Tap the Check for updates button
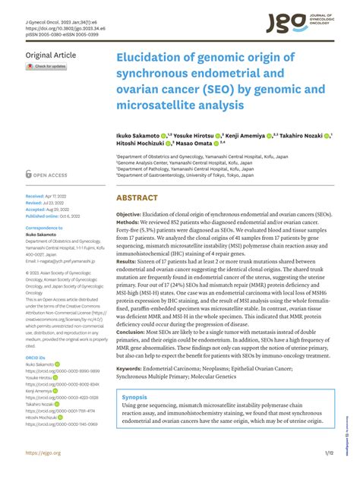pos(47,67)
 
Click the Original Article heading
pos(51,55)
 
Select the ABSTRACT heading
pos(137,197)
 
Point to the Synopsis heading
pos(134,397)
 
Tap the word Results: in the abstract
pos(130,282)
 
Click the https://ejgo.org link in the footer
pos(43,453)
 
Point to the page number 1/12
pos(329,453)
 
